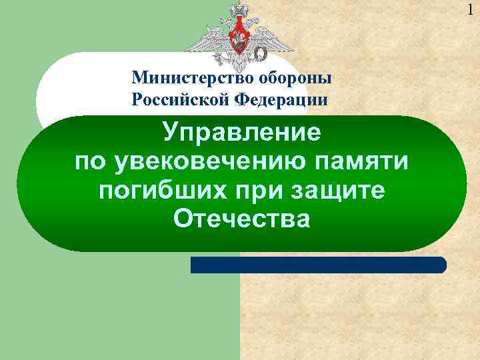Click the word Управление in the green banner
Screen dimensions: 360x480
(x=241, y=132)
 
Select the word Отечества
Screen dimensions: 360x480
(x=241, y=219)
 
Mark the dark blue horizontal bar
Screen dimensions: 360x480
(x=319, y=265)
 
